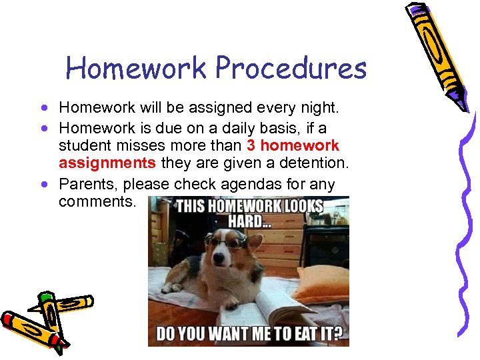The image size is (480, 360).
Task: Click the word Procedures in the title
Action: (x=291, y=68)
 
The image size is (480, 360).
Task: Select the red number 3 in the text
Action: (x=251, y=145)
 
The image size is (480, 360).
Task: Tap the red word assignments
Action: (x=107, y=163)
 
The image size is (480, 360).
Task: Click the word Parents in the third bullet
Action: (x=84, y=183)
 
